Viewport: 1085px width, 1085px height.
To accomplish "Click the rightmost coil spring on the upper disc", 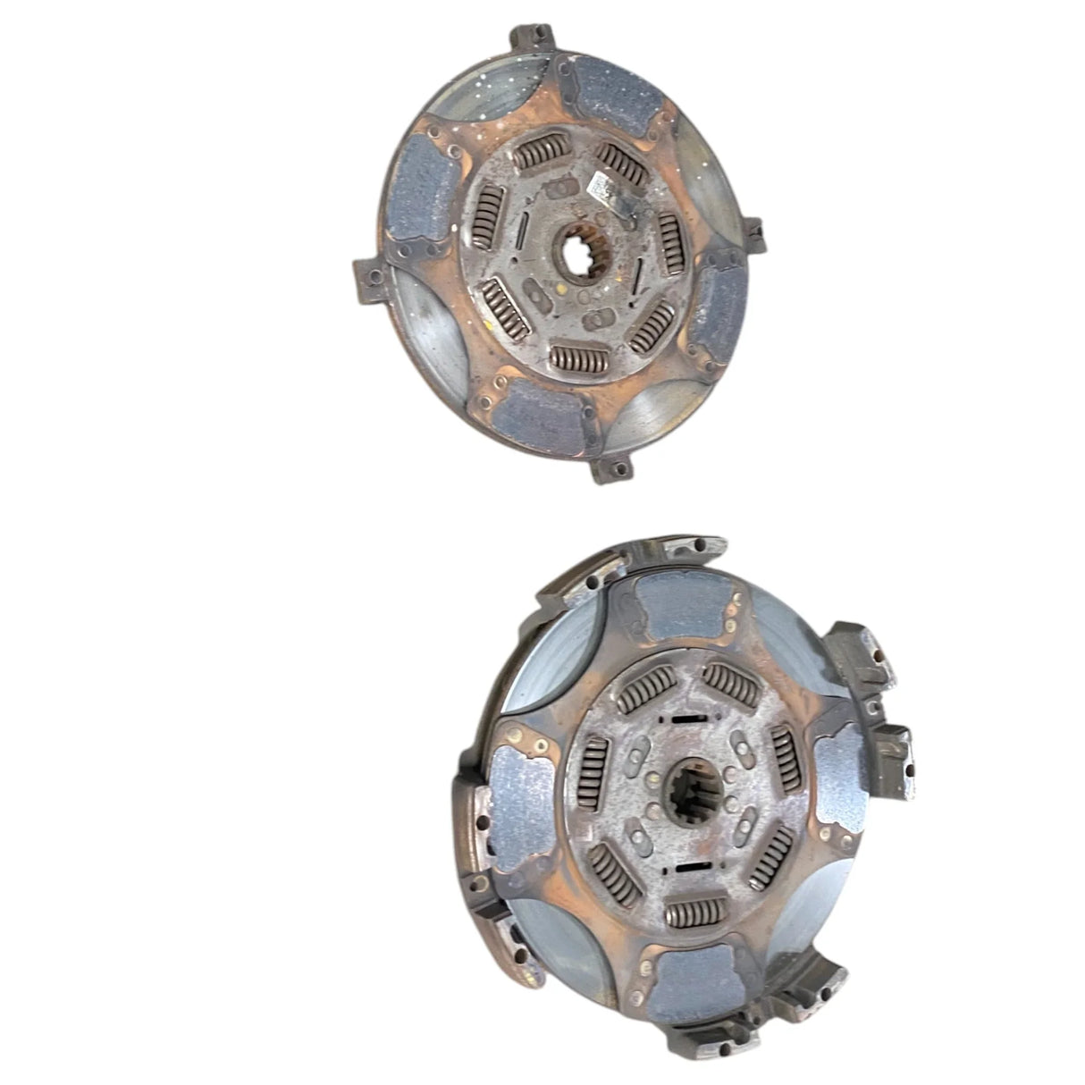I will click(671, 240).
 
